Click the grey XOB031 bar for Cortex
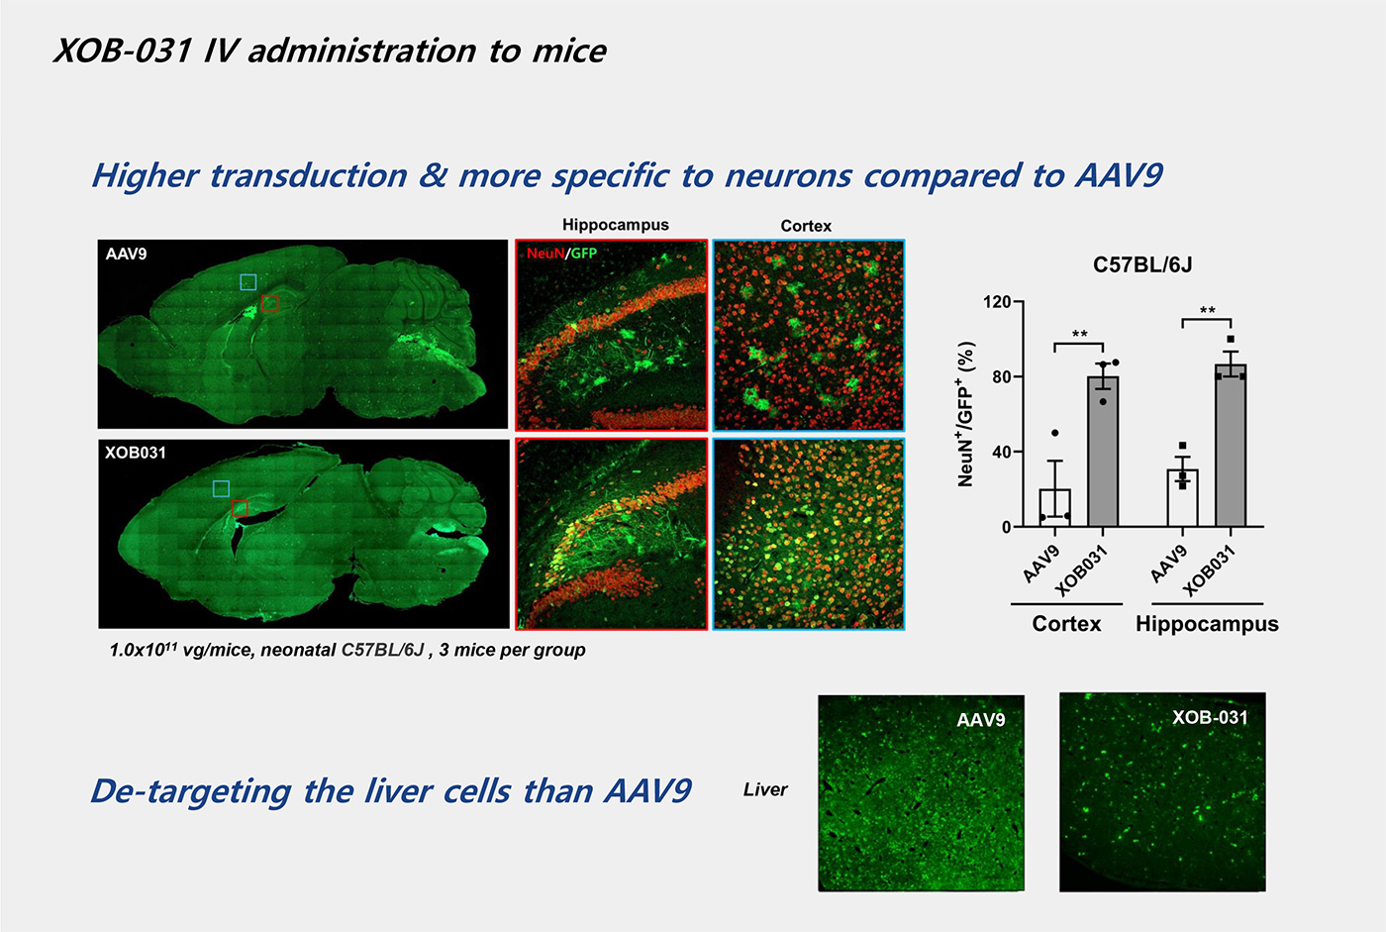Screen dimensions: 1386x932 [x=1103, y=452]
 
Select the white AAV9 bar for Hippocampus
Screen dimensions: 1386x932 [x=1182, y=497]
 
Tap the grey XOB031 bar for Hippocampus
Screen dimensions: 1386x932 [x=1231, y=445]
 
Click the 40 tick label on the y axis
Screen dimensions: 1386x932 [x=1001, y=452]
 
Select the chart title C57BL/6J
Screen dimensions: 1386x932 [x=1142, y=264]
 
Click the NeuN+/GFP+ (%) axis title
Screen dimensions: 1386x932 [x=966, y=414]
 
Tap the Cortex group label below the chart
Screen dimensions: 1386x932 [x=1066, y=624]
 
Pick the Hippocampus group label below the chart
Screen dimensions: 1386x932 [x=1207, y=624]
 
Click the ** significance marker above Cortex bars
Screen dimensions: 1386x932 [x=1079, y=334]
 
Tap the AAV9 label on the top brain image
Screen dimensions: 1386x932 [x=127, y=254]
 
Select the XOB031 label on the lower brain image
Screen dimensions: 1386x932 [x=136, y=453]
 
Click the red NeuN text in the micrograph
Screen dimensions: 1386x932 [x=545, y=254]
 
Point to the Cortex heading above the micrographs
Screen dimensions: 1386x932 [x=806, y=226]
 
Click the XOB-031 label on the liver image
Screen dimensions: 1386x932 [x=1210, y=717]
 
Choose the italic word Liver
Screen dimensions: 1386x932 [x=765, y=789]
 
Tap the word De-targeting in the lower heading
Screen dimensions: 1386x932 [x=191, y=792]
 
